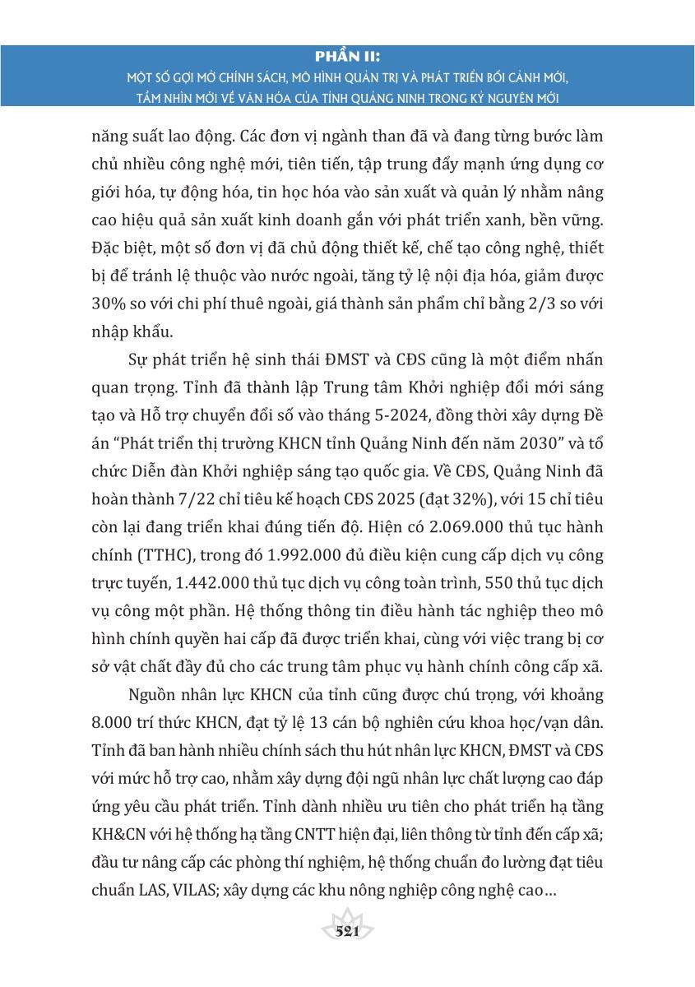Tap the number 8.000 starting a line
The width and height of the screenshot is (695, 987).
pos(113,721)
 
